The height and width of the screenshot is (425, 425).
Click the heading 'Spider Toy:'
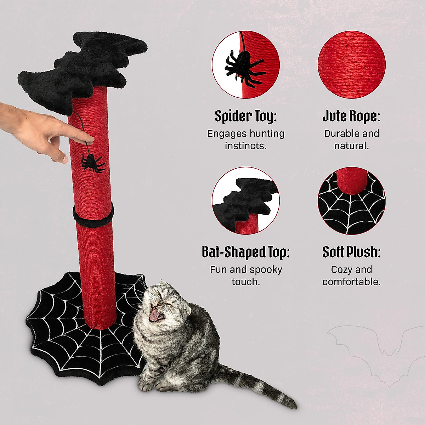pos(245,116)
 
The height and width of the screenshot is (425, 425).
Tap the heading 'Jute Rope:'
pos(351,116)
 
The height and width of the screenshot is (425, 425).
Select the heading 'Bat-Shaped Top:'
pos(245,252)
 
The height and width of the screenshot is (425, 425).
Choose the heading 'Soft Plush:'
pos(351,252)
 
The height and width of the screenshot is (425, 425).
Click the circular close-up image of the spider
pos(245,65)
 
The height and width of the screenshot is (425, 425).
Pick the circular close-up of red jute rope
pos(351,65)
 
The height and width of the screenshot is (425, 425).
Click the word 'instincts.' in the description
pos(245,146)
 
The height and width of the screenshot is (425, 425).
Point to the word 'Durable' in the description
pos(337,134)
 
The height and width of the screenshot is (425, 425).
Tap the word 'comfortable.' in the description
pos(351,282)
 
